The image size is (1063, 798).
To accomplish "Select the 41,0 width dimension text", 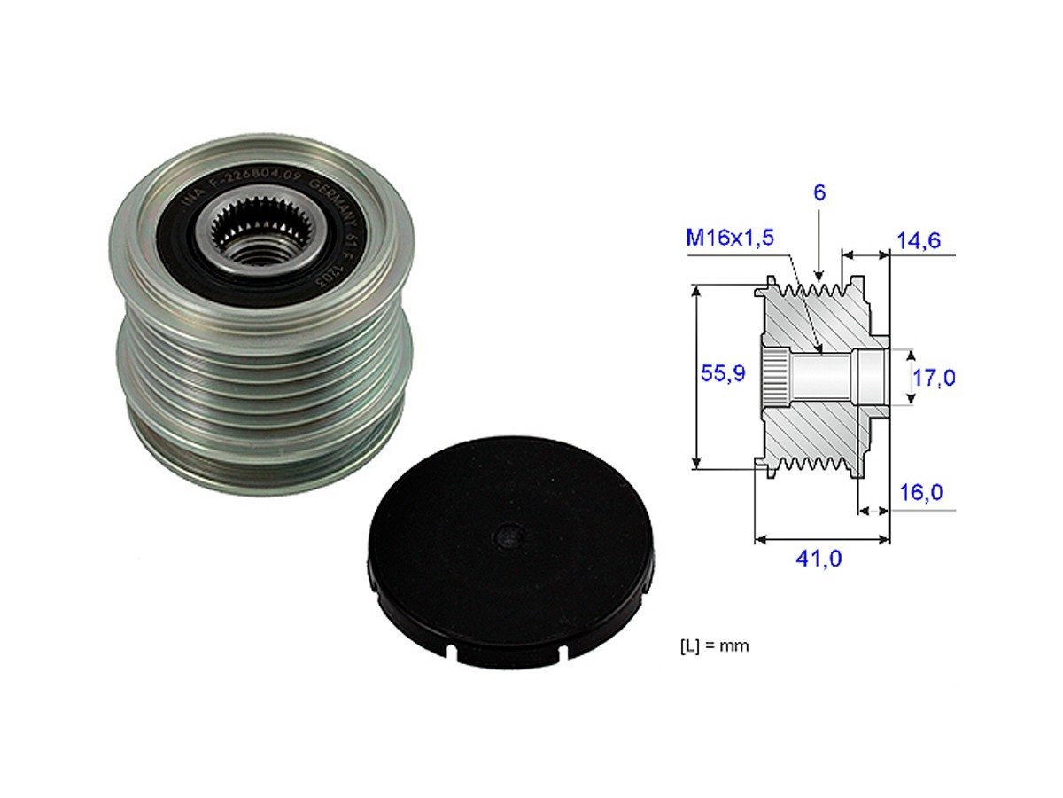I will [x=819, y=559].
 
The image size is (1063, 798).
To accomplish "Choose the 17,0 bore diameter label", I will [x=934, y=378].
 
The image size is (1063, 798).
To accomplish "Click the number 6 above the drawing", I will [x=819, y=193].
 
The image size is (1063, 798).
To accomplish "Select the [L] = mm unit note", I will [x=708, y=646].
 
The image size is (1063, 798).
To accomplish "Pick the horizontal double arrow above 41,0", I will [x=821, y=537].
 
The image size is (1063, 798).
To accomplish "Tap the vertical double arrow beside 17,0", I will [x=910, y=378].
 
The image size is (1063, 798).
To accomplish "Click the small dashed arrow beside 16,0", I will [x=874, y=511].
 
